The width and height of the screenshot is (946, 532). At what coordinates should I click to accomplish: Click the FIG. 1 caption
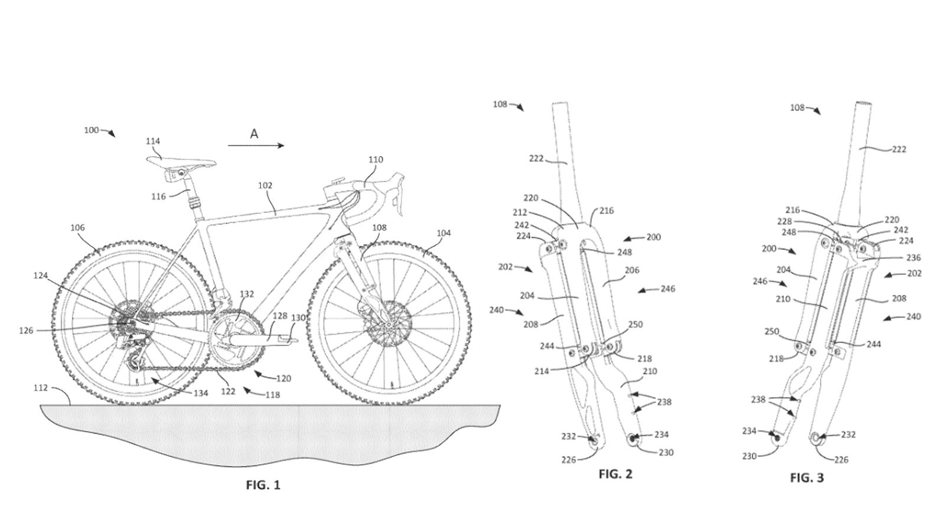coord(263,485)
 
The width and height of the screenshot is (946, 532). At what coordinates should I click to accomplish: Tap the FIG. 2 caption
coord(615,473)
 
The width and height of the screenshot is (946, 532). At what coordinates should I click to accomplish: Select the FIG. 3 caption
coord(806,478)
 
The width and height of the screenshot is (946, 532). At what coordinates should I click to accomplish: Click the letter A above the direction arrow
coord(254,134)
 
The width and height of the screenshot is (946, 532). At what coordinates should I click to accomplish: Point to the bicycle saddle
coord(181,161)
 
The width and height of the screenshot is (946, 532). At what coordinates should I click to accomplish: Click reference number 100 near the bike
coord(91,130)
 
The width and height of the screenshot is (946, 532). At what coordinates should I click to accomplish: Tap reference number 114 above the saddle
coord(153,141)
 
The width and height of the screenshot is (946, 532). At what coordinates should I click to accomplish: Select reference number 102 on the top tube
coord(265,186)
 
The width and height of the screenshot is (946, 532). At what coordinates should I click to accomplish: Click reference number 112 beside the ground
coord(41,388)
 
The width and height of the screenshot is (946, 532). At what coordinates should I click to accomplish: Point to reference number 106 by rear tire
coord(77,228)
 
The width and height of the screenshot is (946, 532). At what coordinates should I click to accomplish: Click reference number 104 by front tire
coord(443,233)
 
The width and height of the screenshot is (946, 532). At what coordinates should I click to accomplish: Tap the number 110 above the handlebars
coord(375,160)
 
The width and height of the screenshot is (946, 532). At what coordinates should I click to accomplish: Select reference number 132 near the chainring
coord(247,294)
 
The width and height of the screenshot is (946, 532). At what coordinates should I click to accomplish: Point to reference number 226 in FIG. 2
coord(569,459)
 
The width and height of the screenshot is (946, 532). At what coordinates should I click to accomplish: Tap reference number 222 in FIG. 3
coord(899,150)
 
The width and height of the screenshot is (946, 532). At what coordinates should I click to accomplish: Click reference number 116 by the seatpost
coord(158,196)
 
